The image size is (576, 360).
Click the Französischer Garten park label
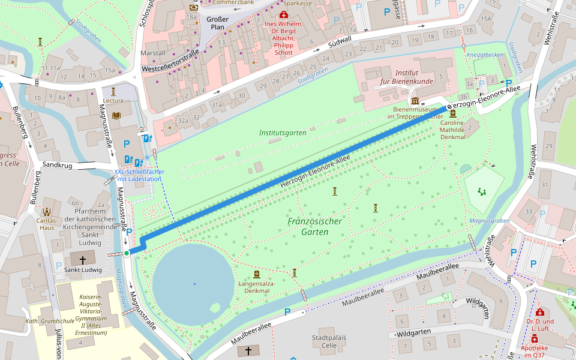[x=314, y=226]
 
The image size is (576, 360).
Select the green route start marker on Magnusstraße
[x=127, y=253]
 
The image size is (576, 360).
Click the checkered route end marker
[x=449, y=106]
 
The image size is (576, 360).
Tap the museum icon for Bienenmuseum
[x=415, y=100]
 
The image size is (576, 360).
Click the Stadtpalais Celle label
[x=329, y=341]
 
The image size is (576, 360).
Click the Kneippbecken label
[x=485, y=55]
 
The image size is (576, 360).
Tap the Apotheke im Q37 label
[x=541, y=351]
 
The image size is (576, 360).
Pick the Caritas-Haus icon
[x=47, y=211]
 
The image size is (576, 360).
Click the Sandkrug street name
[x=58, y=164]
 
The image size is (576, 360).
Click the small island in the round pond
[x=215, y=308]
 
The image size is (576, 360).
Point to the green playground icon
[x=481, y=191]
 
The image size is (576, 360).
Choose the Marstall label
[x=152, y=53]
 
